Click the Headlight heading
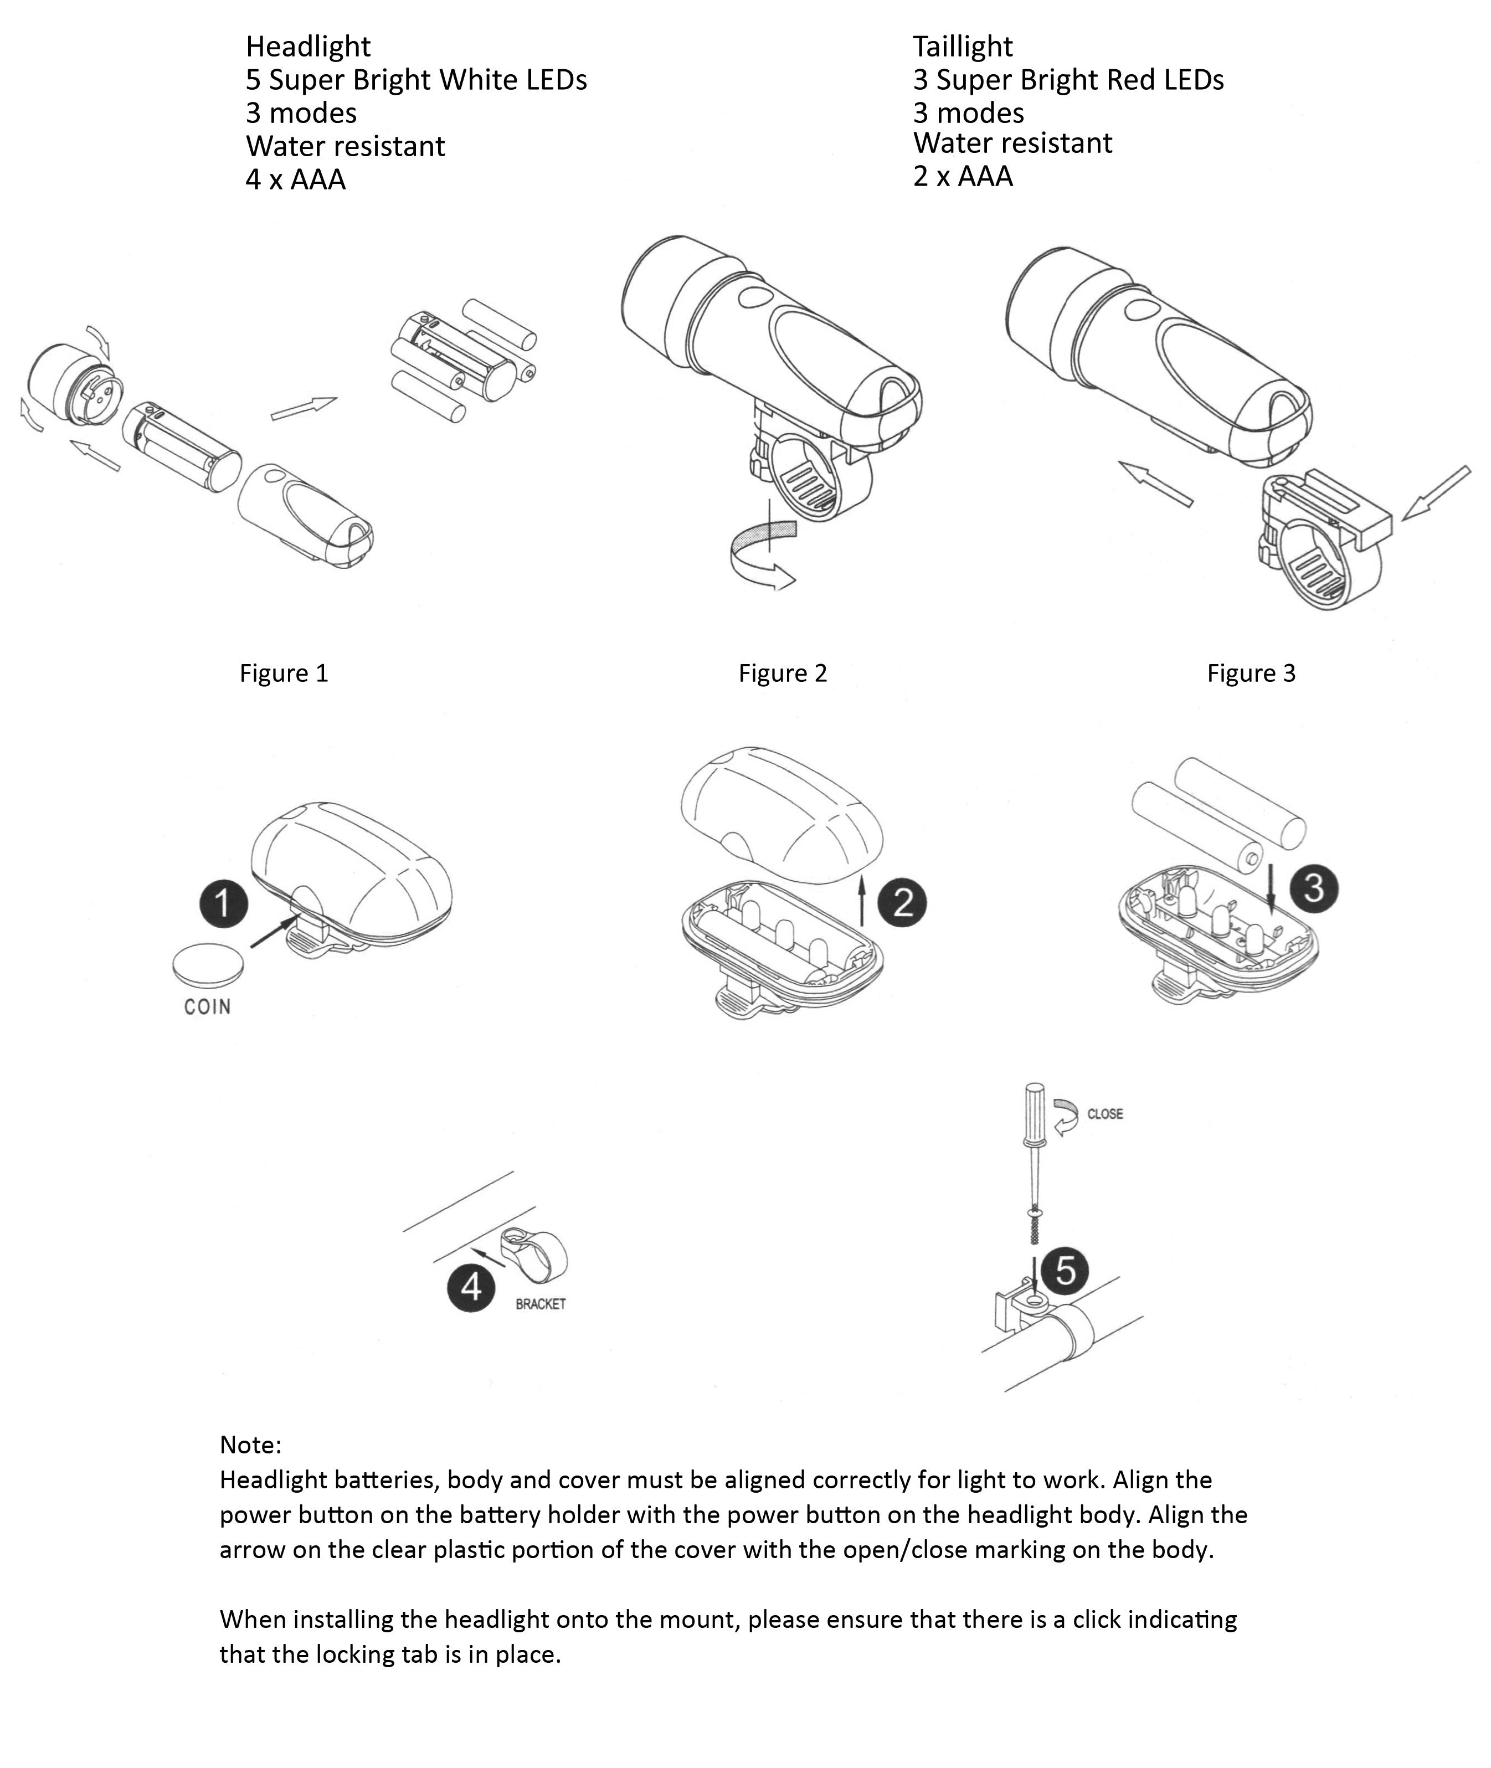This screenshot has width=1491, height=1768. (307, 47)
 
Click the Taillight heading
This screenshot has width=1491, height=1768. (962, 47)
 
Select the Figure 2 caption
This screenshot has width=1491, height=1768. (782, 673)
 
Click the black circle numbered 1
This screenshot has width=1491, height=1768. (223, 903)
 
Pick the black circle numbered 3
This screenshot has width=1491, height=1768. (1314, 888)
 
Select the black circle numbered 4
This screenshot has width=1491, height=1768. (471, 1287)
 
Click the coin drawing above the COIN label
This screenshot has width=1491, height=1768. (208, 965)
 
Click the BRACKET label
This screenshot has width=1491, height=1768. (540, 1304)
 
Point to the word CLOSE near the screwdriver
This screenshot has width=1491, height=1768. (1105, 1114)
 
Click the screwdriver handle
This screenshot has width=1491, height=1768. (1035, 1115)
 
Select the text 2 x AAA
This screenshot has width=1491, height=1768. (962, 177)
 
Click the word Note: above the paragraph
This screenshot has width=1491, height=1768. (250, 1445)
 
